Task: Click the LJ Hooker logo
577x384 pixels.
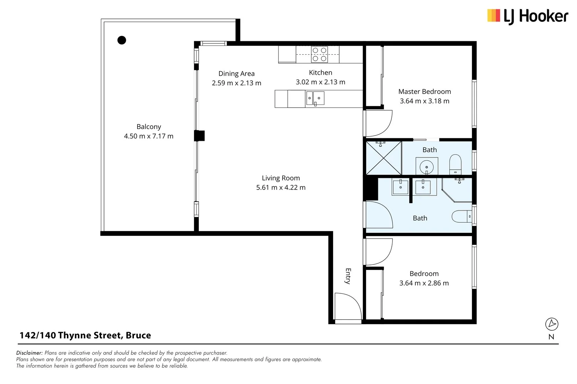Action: pyautogui.click(x=527, y=16)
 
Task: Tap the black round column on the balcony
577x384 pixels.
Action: pyautogui.click(x=121, y=40)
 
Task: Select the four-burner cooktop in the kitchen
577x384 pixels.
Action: pyautogui.click(x=319, y=54)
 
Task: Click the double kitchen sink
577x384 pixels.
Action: pyautogui.click(x=315, y=98)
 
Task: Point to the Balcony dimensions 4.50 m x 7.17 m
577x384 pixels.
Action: pyautogui.click(x=149, y=136)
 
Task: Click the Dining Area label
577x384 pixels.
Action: pyautogui.click(x=236, y=74)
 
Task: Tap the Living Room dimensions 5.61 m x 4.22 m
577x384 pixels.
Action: pyautogui.click(x=281, y=187)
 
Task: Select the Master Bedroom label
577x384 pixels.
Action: pyautogui.click(x=425, y=92)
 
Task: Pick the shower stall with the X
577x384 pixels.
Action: pyautogui.click(x=384, y=158)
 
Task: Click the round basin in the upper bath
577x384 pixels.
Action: pyautogui.click(x=427, y=167)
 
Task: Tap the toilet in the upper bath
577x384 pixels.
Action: pyautogui.click(x=455, y=164)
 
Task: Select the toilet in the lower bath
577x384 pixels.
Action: pyautogui.click(x=462, y=216)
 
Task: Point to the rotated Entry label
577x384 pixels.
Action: pyautogui.click(x=348, y=276)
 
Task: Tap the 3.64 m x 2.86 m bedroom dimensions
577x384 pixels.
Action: pyautogui.click(x=424, y=283)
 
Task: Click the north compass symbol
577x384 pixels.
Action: pyautogui.click(x=552, y=324)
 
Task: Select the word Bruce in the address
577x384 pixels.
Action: pyautogui.click(x=138, y=335)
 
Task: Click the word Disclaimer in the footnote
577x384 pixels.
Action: pyautogui.click(x=29, y=353)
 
